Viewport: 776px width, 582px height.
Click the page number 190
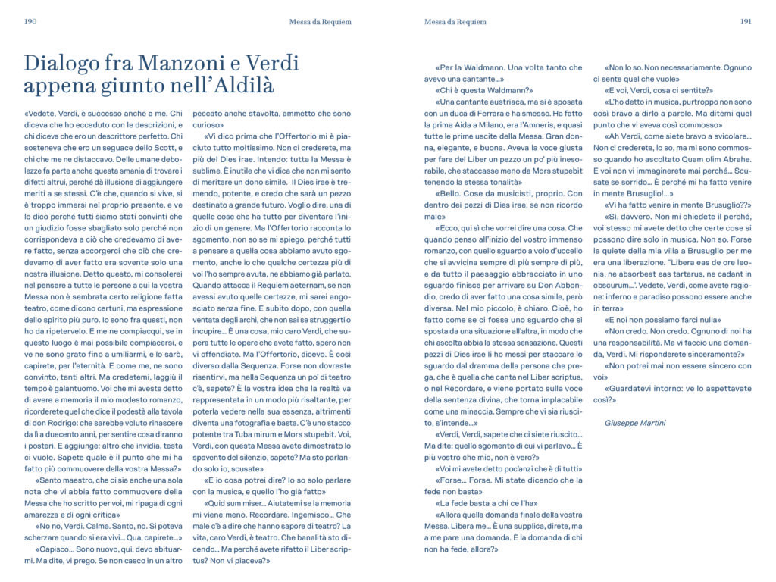click(x=31, y=22)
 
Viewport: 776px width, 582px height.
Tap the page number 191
click(x=746, y=22)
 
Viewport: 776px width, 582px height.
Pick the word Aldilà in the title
click(x=236, y=84)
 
